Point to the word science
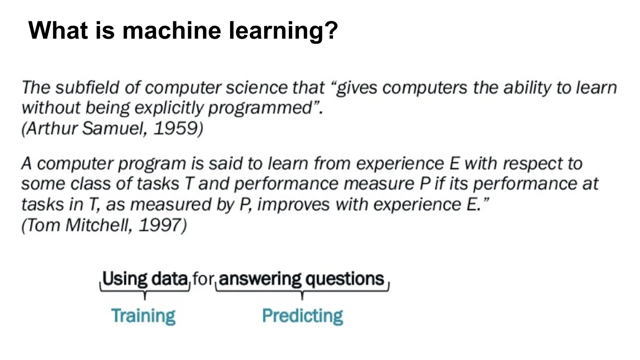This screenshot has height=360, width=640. pos(257,87)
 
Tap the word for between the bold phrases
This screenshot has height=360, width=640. pos(203,278)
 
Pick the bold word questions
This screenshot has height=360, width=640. pos(345,278)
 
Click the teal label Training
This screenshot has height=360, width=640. pos(143,316)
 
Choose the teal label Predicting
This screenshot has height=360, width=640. pos(302,316)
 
